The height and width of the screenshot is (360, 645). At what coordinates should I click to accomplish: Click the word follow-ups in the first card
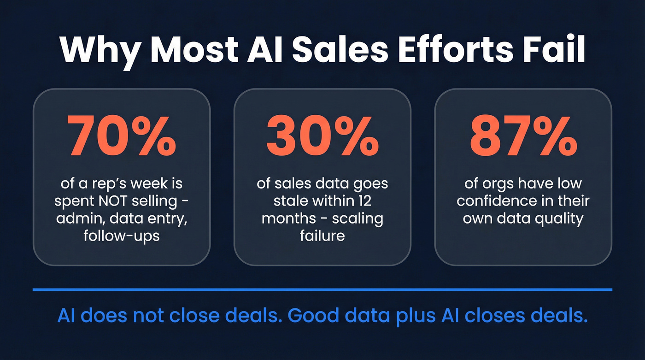[x=122, y=236]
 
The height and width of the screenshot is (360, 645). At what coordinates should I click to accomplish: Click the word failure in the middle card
[x=322, y=236]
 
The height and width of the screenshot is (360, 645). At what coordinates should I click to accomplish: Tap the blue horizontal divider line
[x=322, y=290]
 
